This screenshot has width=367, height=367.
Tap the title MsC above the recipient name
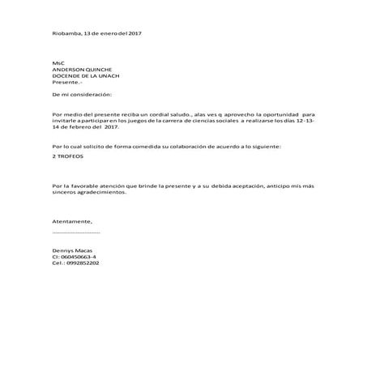56,62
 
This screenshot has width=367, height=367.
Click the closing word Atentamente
72,221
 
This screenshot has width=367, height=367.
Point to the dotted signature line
75,232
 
